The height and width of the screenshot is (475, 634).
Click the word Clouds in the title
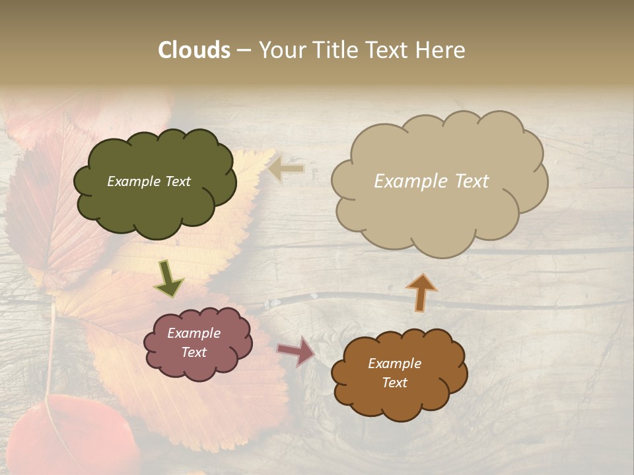pos(194,50)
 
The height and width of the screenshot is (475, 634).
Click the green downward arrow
pos(168,278)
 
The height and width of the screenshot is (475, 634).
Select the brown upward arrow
pos(421,292)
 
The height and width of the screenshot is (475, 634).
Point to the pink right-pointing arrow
pos(297,350)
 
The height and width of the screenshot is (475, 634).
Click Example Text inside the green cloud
pos(149,181)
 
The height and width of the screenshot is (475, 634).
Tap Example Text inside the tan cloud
pos(431,181)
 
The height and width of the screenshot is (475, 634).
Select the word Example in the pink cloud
pos(194,333)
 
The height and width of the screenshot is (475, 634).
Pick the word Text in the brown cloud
pos(394,383)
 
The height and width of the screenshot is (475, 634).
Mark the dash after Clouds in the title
pos(243,51)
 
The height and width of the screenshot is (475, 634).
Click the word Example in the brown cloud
pos(394,364)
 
